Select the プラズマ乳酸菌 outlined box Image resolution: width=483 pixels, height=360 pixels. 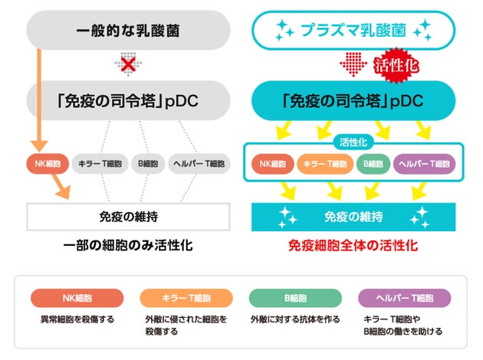coord(354,31)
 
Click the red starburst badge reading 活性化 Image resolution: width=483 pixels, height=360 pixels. coord(396,67)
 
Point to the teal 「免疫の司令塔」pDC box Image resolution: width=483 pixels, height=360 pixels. coord(354,100)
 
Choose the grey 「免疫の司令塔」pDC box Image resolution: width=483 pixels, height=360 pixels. coord(128,100)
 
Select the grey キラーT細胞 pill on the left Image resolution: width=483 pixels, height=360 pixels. coord(101,163)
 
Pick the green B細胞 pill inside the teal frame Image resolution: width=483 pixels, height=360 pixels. coord(373,163)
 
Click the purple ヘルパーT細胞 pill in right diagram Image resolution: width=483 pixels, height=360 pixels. coord(425,163)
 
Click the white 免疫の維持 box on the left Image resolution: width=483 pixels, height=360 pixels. coord(128,217)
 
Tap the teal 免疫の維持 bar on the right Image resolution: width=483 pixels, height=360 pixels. coord(354,217)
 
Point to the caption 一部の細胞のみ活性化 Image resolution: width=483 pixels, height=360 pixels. coord(128,247)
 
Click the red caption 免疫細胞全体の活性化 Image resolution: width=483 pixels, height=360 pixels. coord(354,247)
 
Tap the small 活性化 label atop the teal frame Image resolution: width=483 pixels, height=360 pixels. coord(353,142)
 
